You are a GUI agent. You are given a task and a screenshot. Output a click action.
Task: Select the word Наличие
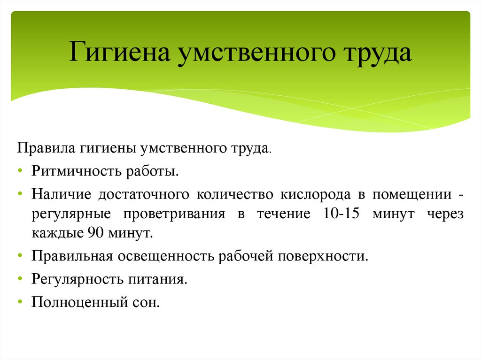(x=61, y=193)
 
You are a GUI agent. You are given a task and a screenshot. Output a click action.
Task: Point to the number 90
(x=91, y=233)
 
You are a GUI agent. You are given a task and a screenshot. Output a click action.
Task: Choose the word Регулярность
(x=77, y=279)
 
